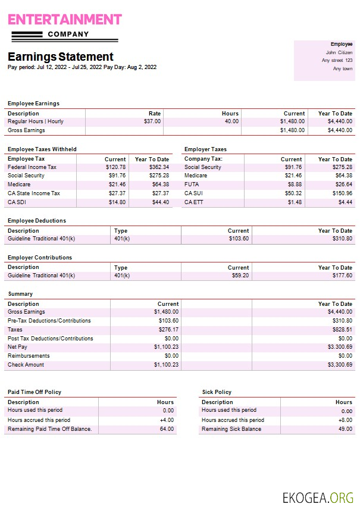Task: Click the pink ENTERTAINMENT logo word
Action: point(64,19)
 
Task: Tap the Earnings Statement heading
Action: point(60,57)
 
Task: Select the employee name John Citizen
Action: point(339,52)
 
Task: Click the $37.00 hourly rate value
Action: point(152,121)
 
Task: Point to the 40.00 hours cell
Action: point(231,121)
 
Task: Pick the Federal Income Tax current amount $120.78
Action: point(115,167)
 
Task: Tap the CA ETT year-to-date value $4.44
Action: point(345,202)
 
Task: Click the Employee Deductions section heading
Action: point(37,221)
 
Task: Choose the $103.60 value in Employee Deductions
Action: point(238,239)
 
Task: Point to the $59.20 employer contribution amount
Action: point(241,276)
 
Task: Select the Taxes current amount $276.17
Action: point(167,329)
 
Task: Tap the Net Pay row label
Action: point(18,346)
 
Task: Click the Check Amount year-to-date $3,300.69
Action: point(340,364)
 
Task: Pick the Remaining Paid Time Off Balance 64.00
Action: point(167,428)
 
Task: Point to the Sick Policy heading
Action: point(217,392)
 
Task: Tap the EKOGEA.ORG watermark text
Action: point(318,498)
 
